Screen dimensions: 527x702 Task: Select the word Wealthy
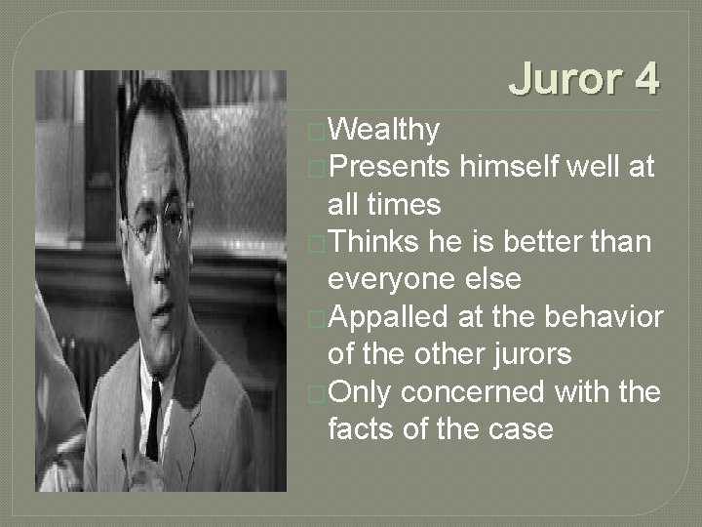coord(384,129)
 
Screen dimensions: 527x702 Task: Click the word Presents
coord(389,167)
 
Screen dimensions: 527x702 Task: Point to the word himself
coord(510,167)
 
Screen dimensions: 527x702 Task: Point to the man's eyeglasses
coord(161,223)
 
